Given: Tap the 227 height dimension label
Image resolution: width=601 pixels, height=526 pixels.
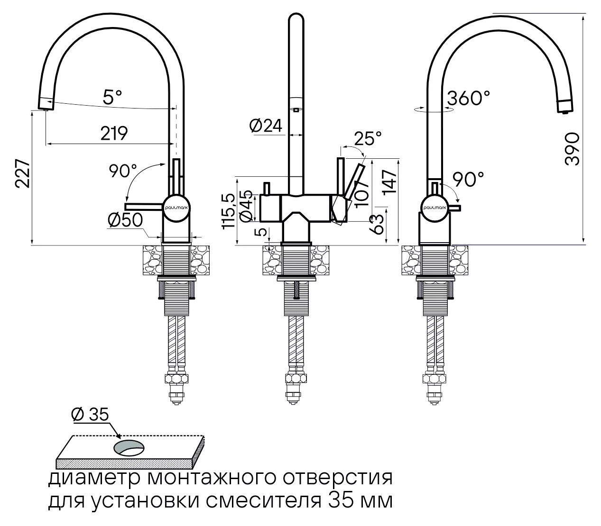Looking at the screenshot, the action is [x=23, y=174].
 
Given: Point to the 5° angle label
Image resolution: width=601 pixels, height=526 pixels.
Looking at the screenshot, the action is [x=112, y=97].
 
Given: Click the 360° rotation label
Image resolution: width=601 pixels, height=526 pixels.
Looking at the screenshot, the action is [x=469, y=98].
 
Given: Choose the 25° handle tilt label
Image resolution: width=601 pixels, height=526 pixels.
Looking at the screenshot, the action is [x=368, y=138].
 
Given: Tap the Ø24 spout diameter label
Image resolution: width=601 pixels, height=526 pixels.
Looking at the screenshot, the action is [x=266, y=127].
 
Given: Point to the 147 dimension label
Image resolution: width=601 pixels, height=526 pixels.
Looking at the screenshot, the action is [x=389, y=182].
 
